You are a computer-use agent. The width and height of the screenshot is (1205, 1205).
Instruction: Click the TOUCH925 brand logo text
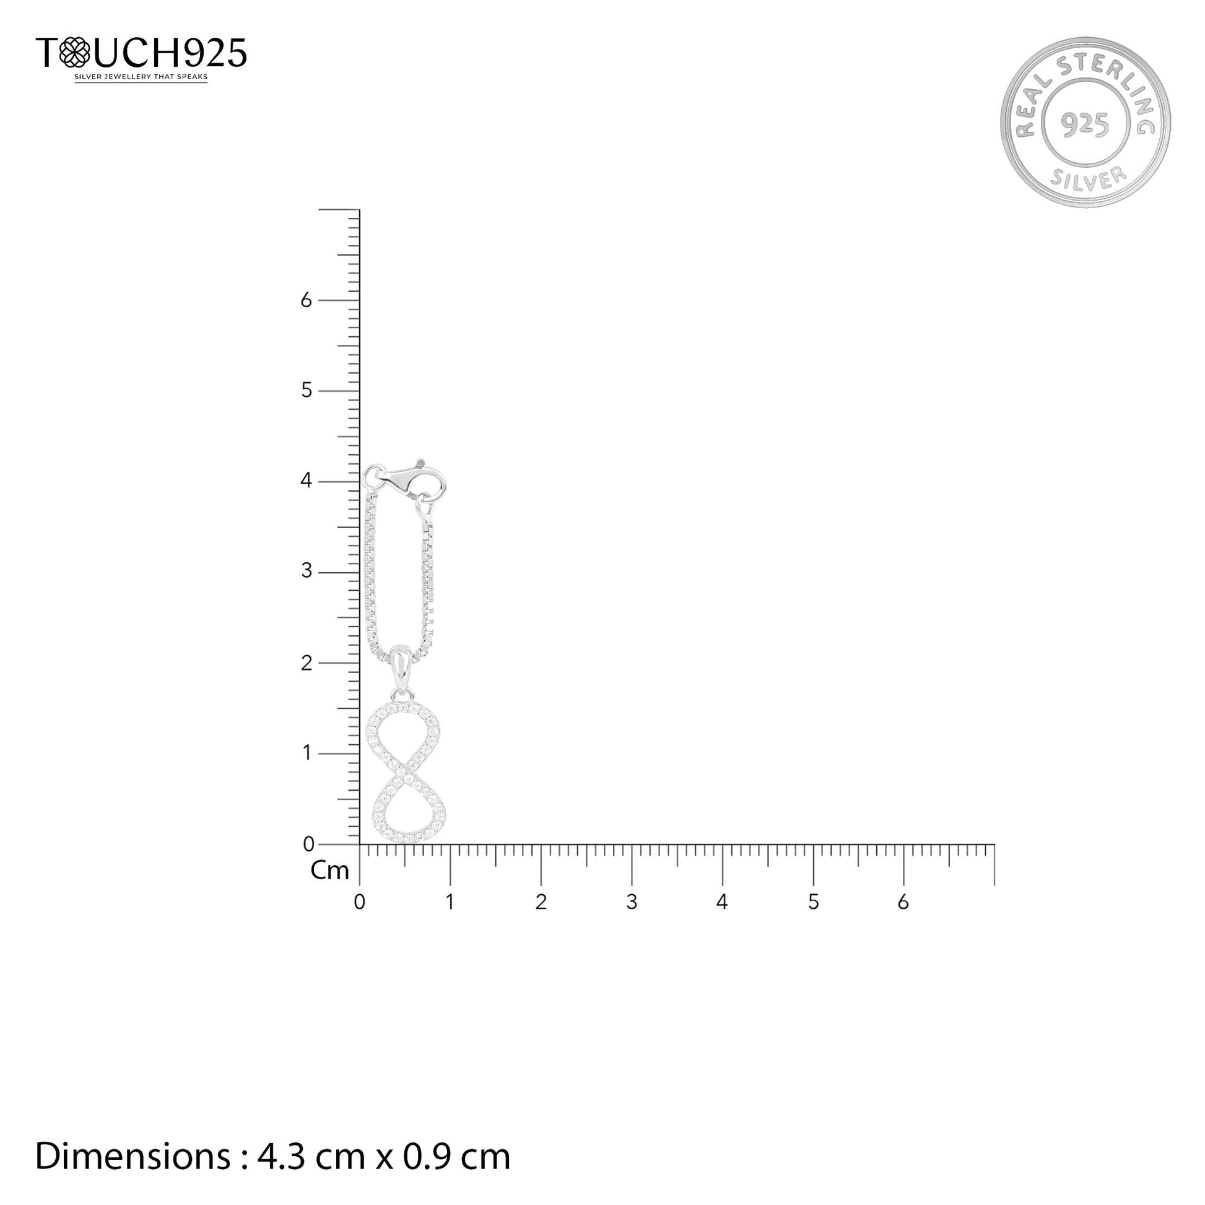[x=141, y=53]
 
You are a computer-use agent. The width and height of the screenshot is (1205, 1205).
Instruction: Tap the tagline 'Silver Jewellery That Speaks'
[x=141, y=77]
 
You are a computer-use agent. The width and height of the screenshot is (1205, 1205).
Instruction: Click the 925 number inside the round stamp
[x=1085, y=124]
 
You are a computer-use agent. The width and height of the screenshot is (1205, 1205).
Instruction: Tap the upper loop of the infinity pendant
[x=402, y=737]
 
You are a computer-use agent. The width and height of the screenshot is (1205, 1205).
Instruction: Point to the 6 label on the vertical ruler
[x=307, y=300]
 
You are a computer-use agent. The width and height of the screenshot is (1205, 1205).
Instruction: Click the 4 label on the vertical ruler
[x=307, y=481]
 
